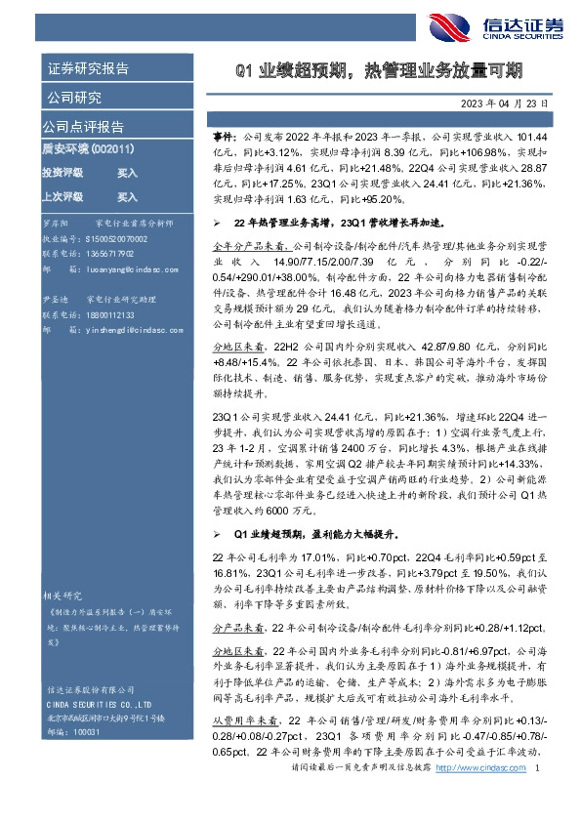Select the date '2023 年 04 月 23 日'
[497, 102]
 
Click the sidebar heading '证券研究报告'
[87, 69]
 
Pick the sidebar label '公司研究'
[73, 98]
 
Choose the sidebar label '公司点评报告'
[82, 127]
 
